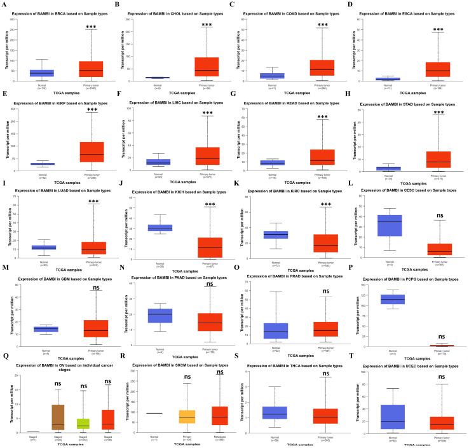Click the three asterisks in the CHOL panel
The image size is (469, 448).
click(207, 25)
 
